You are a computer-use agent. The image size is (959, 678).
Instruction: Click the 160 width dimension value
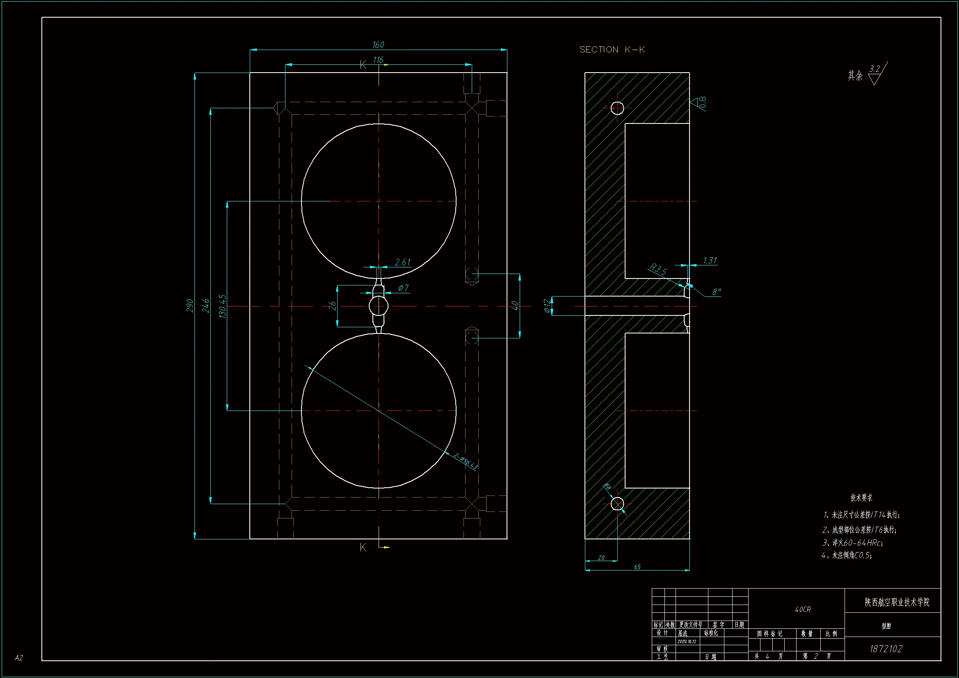[378, 45]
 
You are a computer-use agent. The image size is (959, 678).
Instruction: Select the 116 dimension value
[378, 60]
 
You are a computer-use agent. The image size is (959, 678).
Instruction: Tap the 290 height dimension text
[190, 306]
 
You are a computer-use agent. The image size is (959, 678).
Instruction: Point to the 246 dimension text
[205, 306]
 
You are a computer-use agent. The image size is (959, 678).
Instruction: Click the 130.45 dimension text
[222, 306]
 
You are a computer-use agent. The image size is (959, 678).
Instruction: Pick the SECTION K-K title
[612, 50]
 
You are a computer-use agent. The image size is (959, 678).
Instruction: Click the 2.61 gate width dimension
[403, 263]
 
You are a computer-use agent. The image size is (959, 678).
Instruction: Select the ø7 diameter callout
[403, 288]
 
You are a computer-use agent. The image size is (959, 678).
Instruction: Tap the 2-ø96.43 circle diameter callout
[466, 461]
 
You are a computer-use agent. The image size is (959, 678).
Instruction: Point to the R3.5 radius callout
[658, 269]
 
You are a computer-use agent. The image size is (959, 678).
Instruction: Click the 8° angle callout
[716, 292]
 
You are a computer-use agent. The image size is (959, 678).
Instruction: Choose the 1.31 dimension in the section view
[710, 261]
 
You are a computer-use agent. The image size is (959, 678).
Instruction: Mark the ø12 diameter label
[547, 306]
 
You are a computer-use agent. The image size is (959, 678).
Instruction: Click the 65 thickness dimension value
[637, 567]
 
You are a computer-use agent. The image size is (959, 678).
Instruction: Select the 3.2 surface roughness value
[875, 69]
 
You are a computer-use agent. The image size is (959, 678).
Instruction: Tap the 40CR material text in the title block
[802, 610]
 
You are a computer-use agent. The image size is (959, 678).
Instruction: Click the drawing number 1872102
[886, 649]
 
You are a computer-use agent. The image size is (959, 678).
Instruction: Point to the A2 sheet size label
[19, 658]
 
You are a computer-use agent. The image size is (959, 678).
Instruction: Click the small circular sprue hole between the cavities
[379, 306]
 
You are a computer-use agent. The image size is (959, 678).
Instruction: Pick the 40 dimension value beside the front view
[515, 306]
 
